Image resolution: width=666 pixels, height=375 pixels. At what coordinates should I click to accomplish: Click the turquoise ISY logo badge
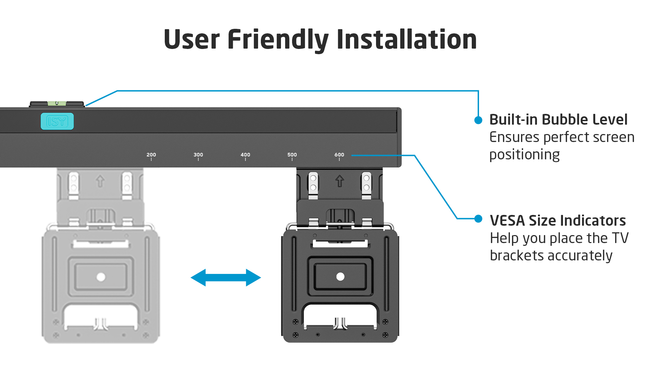pyautogui.click(x=57, y=121)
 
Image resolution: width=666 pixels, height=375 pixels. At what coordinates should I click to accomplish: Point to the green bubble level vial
pyautogui.click(x=57, y=103)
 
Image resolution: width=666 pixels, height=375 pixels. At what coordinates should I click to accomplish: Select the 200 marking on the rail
pyautogui.click(x=151, y=155)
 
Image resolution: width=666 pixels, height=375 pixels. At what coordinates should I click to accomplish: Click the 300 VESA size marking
pyautogui.click(x=198, y=155)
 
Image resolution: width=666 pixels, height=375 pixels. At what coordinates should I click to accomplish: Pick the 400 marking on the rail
pyautogui.click(x=245, y=155)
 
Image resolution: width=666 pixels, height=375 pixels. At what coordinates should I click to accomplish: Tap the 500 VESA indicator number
pyautogui.click(x=292, y=155)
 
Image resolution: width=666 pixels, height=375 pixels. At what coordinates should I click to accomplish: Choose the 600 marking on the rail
pyautogui.click(x=339, y=155)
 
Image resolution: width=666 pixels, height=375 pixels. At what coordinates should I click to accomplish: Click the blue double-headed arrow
pyautogui.click(x=226, y=277)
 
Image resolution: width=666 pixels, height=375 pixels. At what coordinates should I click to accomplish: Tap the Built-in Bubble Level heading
pyautogui.click(x=558, y=119)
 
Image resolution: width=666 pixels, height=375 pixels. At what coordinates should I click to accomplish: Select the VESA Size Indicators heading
pyautogui.click(x=558, y=220)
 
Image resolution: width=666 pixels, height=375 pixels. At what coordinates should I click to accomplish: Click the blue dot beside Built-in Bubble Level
pyautogui.click(x=478, y=120)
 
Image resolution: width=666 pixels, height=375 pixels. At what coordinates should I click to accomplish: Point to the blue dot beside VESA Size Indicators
pyautogui.click(x=478, y=219)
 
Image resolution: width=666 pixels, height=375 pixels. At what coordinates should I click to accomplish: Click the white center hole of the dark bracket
pyautogui.click(x=340, y=276)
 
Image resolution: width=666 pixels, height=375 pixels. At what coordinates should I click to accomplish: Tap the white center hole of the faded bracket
pyautogui.click(x=101, y=277)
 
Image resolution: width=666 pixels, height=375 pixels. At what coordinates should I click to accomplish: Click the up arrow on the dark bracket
pyautogui.click(x=340, y=181)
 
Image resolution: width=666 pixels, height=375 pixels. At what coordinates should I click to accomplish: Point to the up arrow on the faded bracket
pyautogui.click(x=100, y=181)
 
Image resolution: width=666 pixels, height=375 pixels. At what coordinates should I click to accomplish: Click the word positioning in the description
pyautogui.click(x=524, y=155)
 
